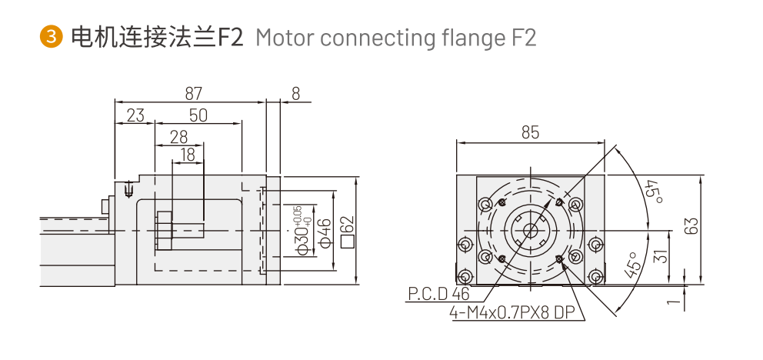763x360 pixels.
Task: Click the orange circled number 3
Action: tap(51, 37)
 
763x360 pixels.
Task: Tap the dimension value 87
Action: tap(193, 93)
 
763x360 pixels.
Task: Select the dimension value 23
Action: tap(135, 115)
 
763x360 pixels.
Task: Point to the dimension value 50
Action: tap(198, 115)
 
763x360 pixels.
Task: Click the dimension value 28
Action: tap(179, 137)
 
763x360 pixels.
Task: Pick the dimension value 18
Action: tap(188, 155)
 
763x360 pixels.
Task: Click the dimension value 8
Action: tap(295, 93)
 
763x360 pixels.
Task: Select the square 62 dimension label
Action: tap(348, 232)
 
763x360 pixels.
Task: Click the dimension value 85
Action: tap(530, 133)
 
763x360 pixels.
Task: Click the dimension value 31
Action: tap(658, 257)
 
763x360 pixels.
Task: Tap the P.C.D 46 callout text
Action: tap(438, 294)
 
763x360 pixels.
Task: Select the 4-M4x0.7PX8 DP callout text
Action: tap(512, 313)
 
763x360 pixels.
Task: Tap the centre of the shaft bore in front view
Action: tap(530, 230)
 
